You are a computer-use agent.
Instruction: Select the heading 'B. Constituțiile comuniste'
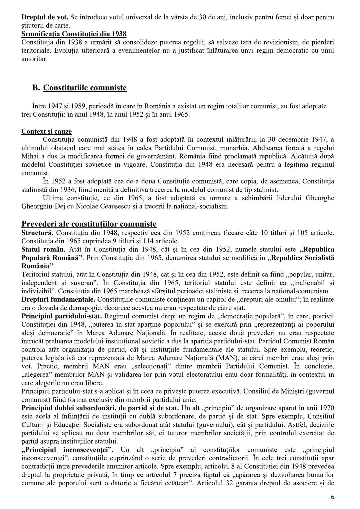click(x=79, y=88)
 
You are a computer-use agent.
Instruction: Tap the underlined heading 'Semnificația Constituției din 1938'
click(x=74, y=34)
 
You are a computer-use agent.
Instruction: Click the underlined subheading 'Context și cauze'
click(x=46, y=131)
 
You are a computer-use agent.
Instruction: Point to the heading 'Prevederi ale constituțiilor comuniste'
click(x=89, y=224)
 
